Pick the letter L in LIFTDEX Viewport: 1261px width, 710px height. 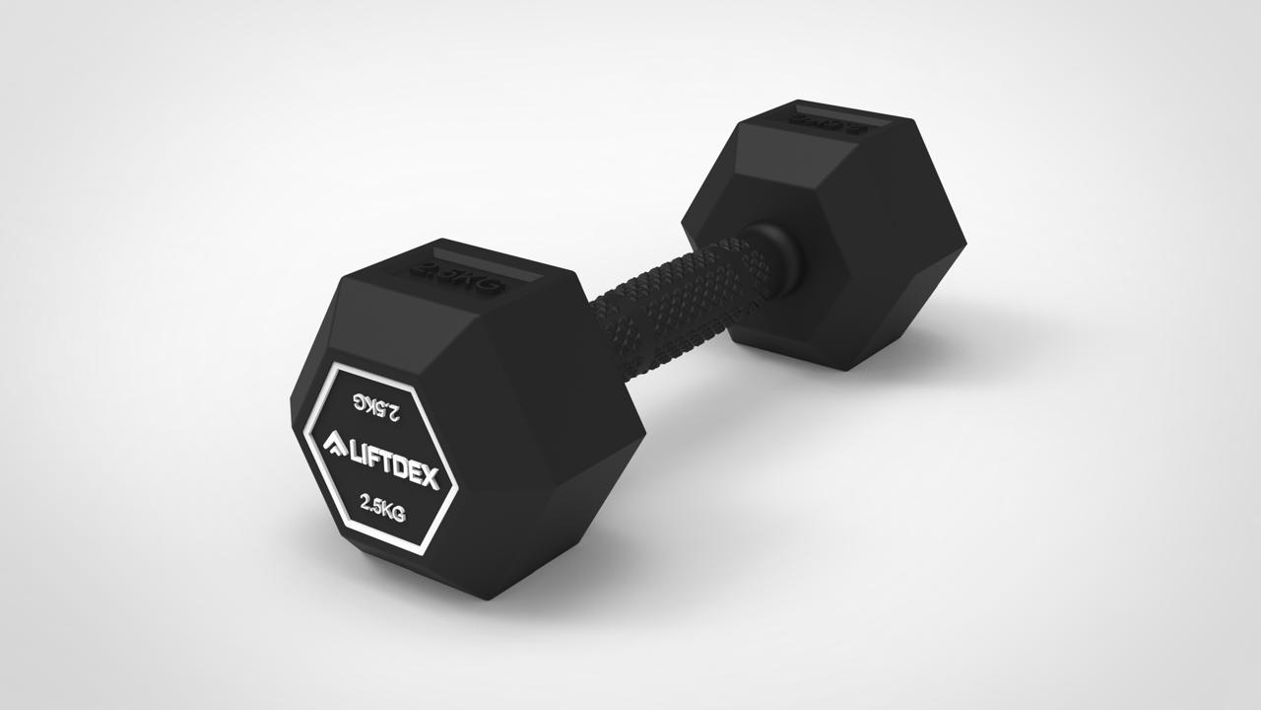pyautogui.click(x=356, y=453)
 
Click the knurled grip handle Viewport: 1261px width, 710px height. pyautogui.click(x=680, y=296)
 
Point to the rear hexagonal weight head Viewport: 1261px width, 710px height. pyautogui.click(x=837, y=237)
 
